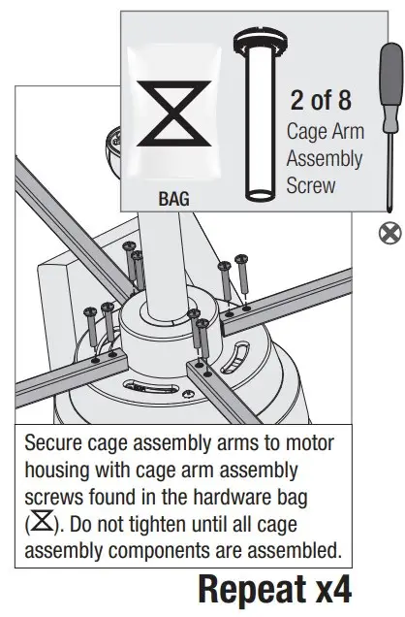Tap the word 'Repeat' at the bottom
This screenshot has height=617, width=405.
(x=255, y=590)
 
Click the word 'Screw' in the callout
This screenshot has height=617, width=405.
(x=312, y=183)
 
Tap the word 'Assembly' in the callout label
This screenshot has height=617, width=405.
(x=326, y=158)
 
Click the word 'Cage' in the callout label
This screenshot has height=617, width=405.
(x=307, y=132)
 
